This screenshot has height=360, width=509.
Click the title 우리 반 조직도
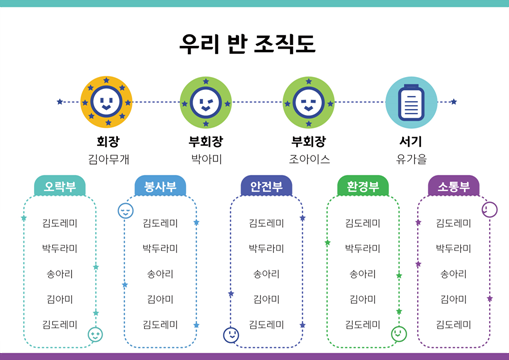point(247,44)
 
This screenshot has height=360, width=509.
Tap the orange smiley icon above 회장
point(106,102)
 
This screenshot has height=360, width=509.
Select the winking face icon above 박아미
point(206,102)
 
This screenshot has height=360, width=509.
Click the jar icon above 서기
point(411,102)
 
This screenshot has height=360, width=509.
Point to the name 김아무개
point(109,159)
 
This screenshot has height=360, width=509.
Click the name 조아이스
point(309,159)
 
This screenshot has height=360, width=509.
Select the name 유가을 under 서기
point(411,159)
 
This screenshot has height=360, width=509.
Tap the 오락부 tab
point(60,186)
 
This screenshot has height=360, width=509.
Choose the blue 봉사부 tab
point(160,186)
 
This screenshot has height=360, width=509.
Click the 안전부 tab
point(266,186)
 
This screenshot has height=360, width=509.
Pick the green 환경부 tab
point(363,186)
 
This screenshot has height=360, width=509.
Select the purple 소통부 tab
point(454,186)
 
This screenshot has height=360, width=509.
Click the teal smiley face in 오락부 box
point(95,335)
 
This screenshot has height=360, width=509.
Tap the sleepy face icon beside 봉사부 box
point(126,211)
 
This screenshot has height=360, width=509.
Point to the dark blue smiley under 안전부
point(231,335)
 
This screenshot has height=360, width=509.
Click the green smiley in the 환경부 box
point(399,334)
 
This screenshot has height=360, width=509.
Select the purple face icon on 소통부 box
point(490,210)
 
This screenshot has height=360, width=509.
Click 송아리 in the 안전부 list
point(266,274)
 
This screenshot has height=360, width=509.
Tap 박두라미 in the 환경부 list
point(363,248)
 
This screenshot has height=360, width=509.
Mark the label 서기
point(411,141)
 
